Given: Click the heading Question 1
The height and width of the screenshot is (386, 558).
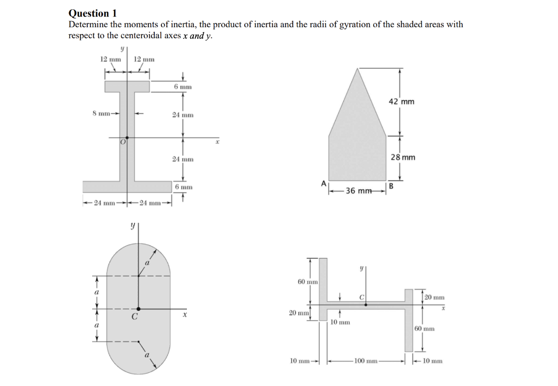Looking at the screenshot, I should (93, 13).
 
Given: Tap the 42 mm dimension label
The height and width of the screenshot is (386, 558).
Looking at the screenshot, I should (402, 101).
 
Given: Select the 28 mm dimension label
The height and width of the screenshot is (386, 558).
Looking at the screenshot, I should (403, 157).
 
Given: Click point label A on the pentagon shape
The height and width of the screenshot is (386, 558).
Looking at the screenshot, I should (324, 184).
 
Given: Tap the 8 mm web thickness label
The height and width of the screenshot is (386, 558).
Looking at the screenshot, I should (101, 113).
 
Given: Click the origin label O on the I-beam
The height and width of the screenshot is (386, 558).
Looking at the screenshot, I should (123, 142).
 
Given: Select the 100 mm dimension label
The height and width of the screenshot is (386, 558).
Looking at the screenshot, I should (365, 361).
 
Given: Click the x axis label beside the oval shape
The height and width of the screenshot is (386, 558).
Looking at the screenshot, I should (185, 315).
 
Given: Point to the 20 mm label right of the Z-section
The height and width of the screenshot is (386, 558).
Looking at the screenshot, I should (434, 297).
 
